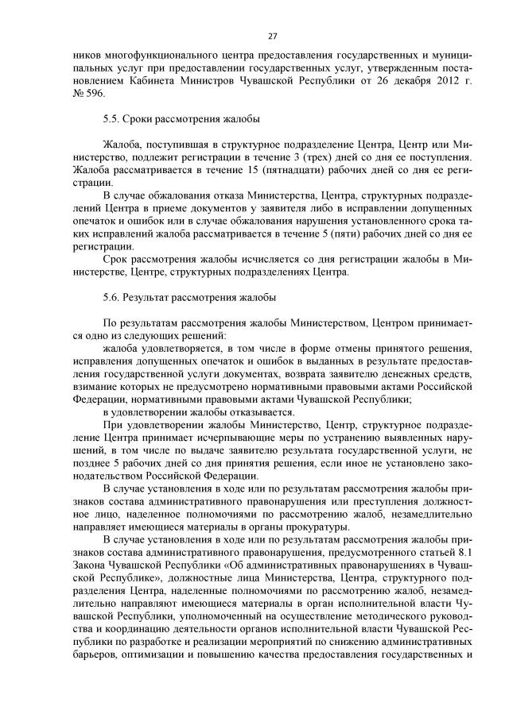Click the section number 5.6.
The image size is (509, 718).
coord(111,298)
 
